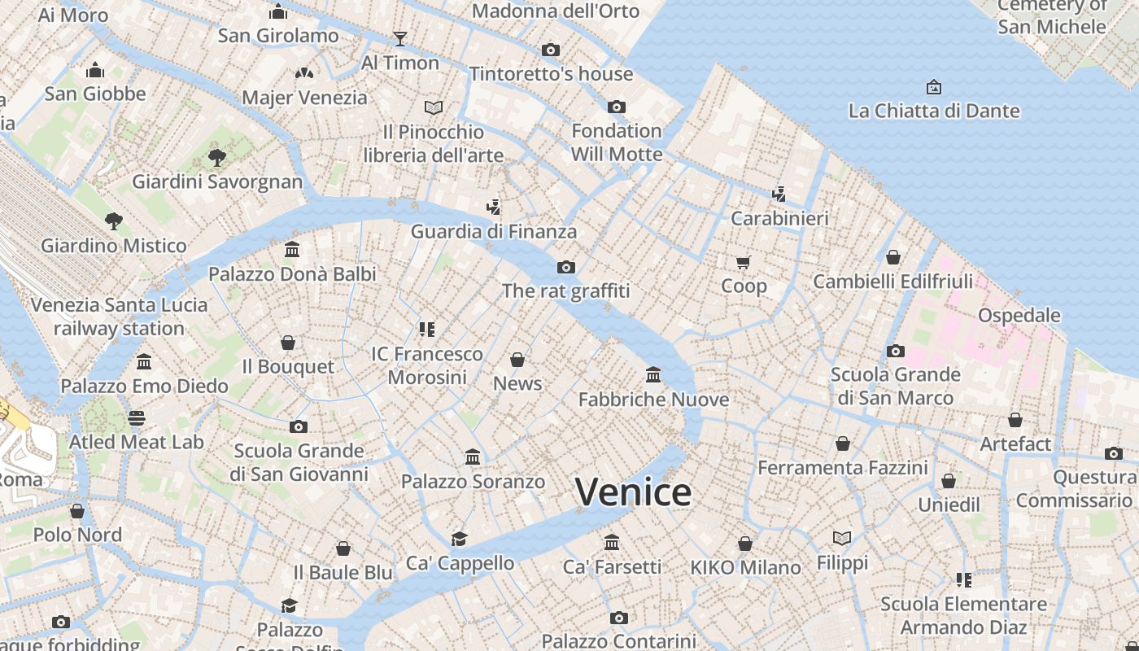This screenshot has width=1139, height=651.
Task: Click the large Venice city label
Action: [633, 492]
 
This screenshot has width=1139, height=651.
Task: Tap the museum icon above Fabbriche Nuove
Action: [652, 374]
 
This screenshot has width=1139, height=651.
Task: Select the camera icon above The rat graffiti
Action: [565, 267]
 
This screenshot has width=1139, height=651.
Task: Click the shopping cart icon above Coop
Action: [743, 262]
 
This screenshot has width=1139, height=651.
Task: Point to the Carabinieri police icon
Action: [779, 194]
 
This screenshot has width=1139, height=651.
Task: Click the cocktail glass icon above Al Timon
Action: [399, 38]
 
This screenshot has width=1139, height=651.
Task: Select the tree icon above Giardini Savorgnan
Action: [216, 156]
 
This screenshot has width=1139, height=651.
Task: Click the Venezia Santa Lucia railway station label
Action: [119, 317]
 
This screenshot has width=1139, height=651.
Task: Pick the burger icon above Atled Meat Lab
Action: [136, 418]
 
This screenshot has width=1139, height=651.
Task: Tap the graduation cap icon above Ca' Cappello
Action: [460, 539]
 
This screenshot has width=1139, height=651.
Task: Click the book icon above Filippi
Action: [842, 538]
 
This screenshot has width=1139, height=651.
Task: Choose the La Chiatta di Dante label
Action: [933, 111]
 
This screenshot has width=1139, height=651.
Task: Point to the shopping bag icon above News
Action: [517, 359]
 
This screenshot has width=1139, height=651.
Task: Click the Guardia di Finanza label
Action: [493, 231]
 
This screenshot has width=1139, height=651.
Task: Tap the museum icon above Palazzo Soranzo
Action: [473, 457]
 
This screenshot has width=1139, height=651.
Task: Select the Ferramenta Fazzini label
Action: [842, 468]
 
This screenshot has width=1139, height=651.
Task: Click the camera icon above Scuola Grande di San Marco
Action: [895, 351]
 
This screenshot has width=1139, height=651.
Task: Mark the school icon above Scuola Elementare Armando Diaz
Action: [963, 580]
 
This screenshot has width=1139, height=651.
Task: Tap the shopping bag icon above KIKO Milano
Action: [744, 544]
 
